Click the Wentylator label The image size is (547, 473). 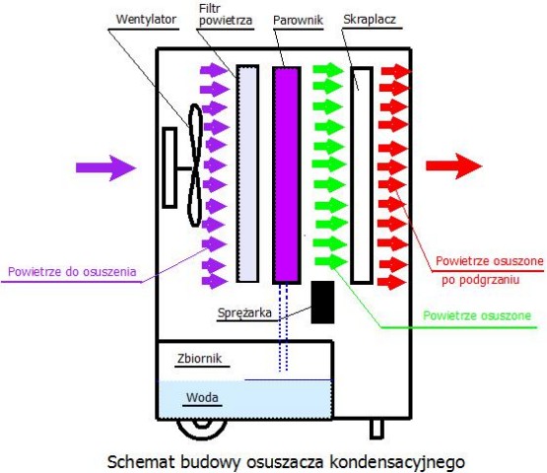tap(146, 20)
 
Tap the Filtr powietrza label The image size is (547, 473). tap(226, 15)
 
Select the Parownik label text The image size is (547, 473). tap(298, 21)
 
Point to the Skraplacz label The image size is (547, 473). tap(370, 19)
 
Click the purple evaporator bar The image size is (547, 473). tap(287, 174)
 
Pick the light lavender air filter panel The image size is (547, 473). tap(247, 173)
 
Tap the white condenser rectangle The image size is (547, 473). tap(362, 175)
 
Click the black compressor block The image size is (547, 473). tap(322, 303)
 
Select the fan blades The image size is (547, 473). tap(195, 166)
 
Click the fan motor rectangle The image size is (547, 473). tap(170, 168)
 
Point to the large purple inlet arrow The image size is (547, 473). tap(105, 169)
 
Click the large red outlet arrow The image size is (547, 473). tap(454, 166)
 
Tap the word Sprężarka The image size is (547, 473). tap(244, 313)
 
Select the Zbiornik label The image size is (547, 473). tap(199, 359)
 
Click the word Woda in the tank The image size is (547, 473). tap(202, 397)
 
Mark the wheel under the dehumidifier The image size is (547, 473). tap(202, 429)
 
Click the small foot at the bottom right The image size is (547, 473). tap(376, 429)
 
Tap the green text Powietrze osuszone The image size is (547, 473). tap(477, 315)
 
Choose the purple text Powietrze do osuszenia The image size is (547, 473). tap(72, 272)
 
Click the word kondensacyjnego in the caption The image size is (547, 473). tap(397, 462)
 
